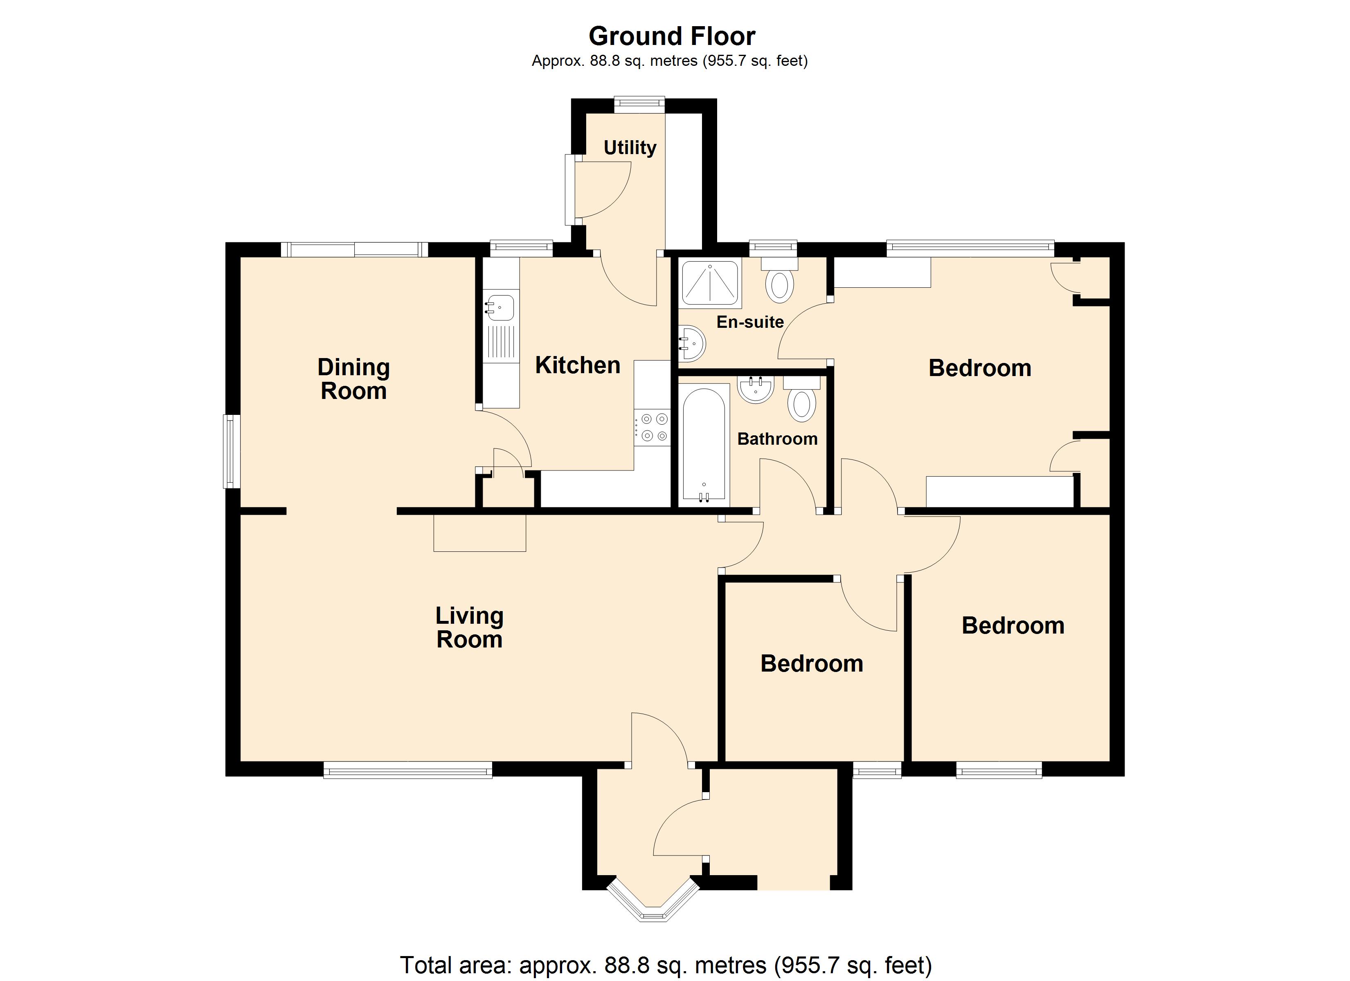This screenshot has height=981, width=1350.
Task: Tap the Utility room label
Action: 630,148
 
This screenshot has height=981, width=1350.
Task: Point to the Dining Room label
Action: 353,379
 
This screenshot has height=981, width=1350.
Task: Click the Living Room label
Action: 470,627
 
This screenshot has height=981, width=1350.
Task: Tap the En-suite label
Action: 750,322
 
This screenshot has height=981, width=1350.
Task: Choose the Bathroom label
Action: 777,439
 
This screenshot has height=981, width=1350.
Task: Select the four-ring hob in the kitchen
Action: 652,428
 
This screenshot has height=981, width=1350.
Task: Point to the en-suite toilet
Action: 779,280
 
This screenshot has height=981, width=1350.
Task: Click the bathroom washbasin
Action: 756,390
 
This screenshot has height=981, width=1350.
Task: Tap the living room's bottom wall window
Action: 408,772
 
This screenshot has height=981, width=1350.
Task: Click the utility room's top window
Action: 639,105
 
